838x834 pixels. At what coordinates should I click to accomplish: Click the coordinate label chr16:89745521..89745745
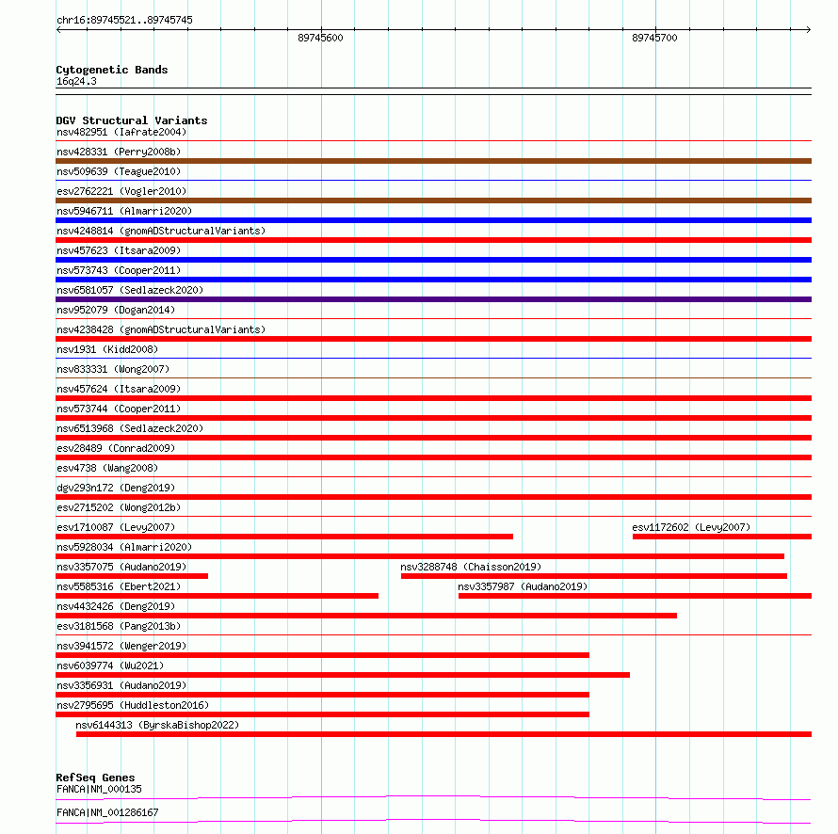pos(125,20)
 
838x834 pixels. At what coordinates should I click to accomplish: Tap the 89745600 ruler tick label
pos(320,38)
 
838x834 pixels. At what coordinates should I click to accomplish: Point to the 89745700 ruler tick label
pos(654,38)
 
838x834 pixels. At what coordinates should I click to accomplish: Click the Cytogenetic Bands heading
pos(112,70)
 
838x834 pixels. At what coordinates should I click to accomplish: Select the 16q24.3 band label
pos(76,81)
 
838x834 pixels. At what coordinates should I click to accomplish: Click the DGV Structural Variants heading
pos(132,120)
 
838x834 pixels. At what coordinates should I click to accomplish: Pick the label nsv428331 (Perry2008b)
pos(119,152)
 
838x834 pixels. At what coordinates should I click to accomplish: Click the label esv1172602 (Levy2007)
pos(691,527)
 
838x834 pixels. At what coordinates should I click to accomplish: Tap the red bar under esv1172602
pos(721,537)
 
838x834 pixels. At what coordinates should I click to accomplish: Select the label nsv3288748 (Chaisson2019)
pos(471,567)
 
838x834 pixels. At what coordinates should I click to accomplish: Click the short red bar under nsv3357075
pos(132,576)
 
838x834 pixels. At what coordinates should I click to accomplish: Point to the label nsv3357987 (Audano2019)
pos(523,586)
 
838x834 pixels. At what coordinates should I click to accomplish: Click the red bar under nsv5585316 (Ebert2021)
pos(217,596)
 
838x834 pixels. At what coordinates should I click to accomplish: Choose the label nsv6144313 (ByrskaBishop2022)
pos(157,725)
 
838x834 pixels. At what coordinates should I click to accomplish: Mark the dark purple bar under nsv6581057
pos(433,299)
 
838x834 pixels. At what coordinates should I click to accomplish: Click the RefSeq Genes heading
pos(95,778)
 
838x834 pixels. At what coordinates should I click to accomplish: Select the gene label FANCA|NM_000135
pos(99,789)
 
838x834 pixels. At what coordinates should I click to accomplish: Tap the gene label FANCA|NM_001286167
pos(107,811)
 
